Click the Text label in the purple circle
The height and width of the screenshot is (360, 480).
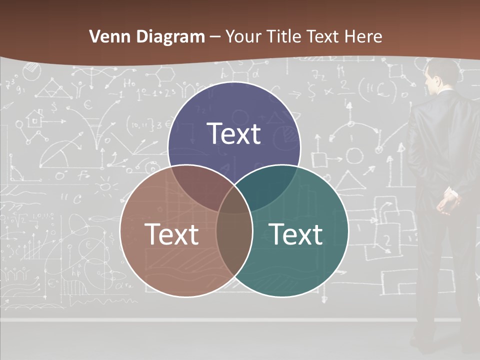[x=234, y=133]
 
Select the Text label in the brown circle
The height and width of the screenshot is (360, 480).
[x=171, y=234]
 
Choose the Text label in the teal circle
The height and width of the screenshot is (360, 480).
[x=296, y=234]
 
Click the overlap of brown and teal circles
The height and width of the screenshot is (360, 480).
[x=234, y=235]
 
